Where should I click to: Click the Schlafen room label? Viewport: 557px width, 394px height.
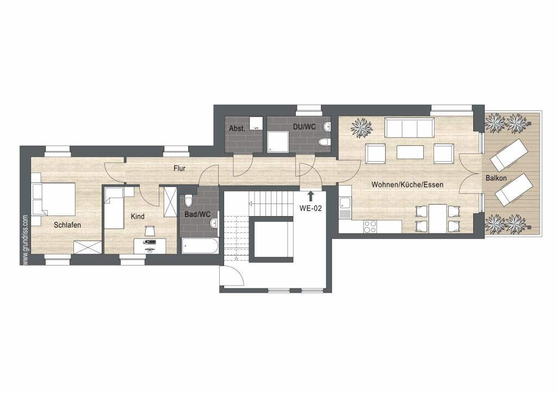pyautogui.click(x=67, y=225)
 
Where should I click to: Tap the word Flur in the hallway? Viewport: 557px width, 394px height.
pyautogui.click(x=180, y=168)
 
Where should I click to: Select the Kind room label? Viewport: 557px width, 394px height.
pyautogui.click(x=138, y=217)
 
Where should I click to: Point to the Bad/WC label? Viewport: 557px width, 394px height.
pyautogui.click(x=197, y=214)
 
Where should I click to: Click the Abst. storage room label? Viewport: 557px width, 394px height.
pyautogui.click(x=237, y=128)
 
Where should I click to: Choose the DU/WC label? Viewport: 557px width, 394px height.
pyautogui.click(x=305, y=127)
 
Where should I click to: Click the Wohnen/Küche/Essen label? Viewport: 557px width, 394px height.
pyautogui.click(x=407, y=184)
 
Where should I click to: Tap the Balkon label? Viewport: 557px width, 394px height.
pyautogui.click(x=496, y=178)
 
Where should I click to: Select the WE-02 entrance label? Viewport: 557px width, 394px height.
pyautogui.click(x=311, y=208)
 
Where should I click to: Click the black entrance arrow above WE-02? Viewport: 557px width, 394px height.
pyautogui.click(x=311, y=196)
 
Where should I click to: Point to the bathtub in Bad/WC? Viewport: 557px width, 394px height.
pyautogui.click(x=200, y=246)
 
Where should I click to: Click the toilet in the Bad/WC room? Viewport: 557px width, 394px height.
pyautogui.click(x=188, y=201)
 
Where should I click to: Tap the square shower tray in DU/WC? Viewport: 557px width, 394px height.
pyautogui.click(x=278, y=141)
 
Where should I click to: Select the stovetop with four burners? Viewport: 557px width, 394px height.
pyautogui.click(x=370, y=226)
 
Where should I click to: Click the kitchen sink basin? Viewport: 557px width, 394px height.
pyautogui.click(x=344, y=204)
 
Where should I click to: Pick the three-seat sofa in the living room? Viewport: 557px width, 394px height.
pyautogui.click(x=410, y=128)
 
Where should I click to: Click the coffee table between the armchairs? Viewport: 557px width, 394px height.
pyautogui.click(x=410, y=152)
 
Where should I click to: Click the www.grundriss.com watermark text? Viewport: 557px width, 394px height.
pyautogui.click(x=25, y=239)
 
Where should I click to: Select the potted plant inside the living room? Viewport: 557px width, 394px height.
pyautogui.click(x=362, y=128)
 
